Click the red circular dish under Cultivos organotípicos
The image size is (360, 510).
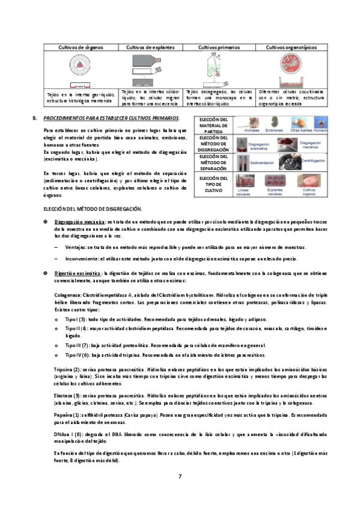click(290, 67)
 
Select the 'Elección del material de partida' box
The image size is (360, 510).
click(213, 126)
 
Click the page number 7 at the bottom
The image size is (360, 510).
click(180, 477)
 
